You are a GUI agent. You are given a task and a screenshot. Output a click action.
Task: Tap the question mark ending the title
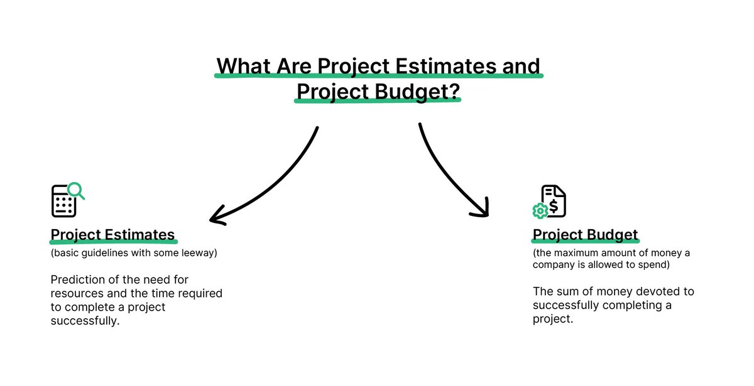point(454,92)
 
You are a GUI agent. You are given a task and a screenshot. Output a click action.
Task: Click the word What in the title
point(243,66)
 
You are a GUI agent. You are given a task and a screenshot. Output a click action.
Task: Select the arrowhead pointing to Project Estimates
point(217,216)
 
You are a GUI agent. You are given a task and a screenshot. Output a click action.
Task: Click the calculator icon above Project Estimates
point(63,201)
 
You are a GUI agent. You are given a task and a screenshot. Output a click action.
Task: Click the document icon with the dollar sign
point(554,200)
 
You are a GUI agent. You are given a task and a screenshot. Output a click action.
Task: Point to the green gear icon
point(540,211)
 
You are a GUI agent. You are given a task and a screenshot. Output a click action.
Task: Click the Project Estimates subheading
point(112,235)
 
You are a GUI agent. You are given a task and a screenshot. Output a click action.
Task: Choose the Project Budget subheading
point(585,235)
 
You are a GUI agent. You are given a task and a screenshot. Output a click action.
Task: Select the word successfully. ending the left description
point(86,321)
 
